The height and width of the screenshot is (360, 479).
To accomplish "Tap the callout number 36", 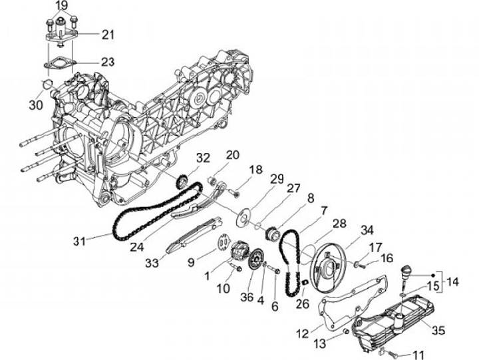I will pyautogui.click(x=247, y=298).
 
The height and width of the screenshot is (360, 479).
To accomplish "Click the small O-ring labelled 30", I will pyautogui.click(x=47, y=84).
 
